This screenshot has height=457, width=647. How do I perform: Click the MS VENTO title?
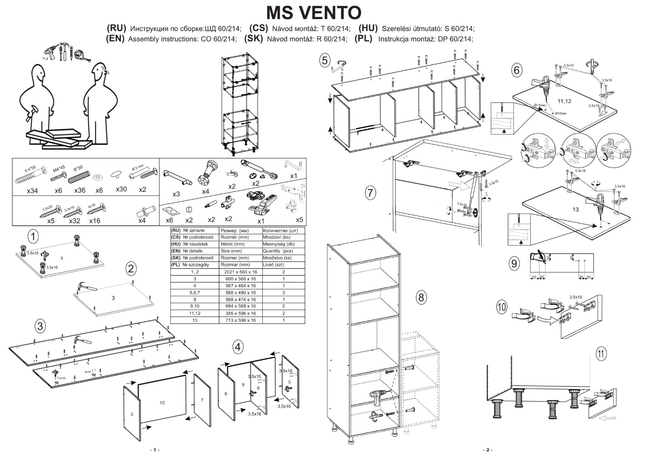point(314,13)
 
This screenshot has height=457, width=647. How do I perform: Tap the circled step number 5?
point(324,61)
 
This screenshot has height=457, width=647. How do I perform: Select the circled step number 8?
point(421,297)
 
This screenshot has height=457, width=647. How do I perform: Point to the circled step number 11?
point(601,354)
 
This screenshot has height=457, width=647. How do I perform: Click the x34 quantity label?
point(32,190)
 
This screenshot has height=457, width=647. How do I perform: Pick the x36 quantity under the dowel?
point(80,190)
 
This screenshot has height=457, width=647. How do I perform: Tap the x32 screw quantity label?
point(74,221)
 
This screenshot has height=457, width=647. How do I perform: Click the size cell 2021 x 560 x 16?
point(241,272)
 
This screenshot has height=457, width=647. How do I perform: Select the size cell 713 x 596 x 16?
point(241,320)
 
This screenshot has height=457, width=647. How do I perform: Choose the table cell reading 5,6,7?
point(195,293)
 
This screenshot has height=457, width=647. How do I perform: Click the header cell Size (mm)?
point(231,251)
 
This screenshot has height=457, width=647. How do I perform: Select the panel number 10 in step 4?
point(162,402)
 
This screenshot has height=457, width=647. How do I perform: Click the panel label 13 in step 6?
point(575,209)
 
